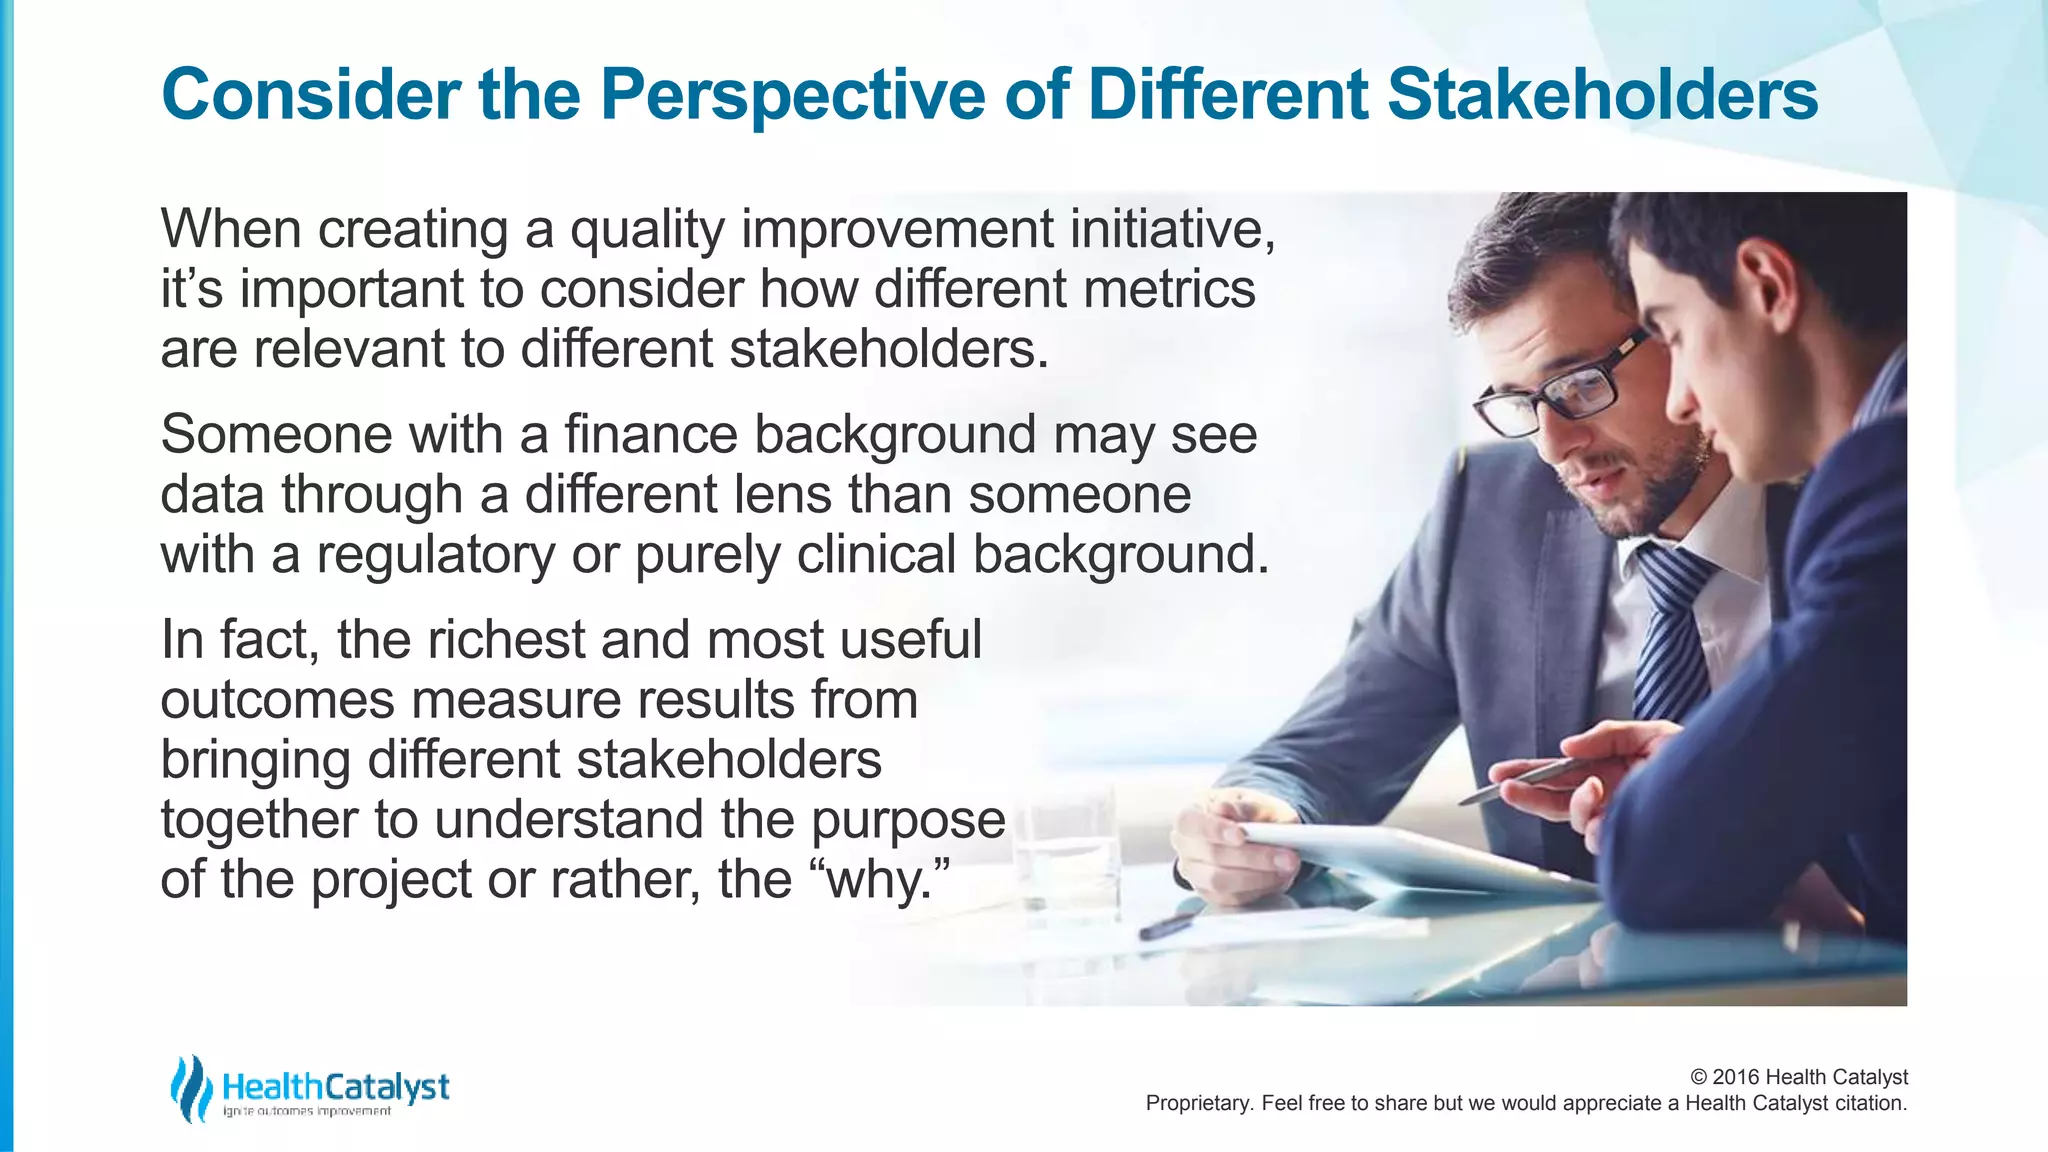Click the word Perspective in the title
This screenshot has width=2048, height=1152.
pyautogui.click(x=793, y=96)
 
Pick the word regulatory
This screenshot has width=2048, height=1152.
pyautogui.click(x=435, y=556)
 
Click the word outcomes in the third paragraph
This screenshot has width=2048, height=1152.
pyautogui.click(x=277, y=700)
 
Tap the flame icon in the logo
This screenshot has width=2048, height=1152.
pyautogui.click(x=189, y=1088)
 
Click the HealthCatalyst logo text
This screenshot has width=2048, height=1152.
pyautogui.click(x=335, y=1086)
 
